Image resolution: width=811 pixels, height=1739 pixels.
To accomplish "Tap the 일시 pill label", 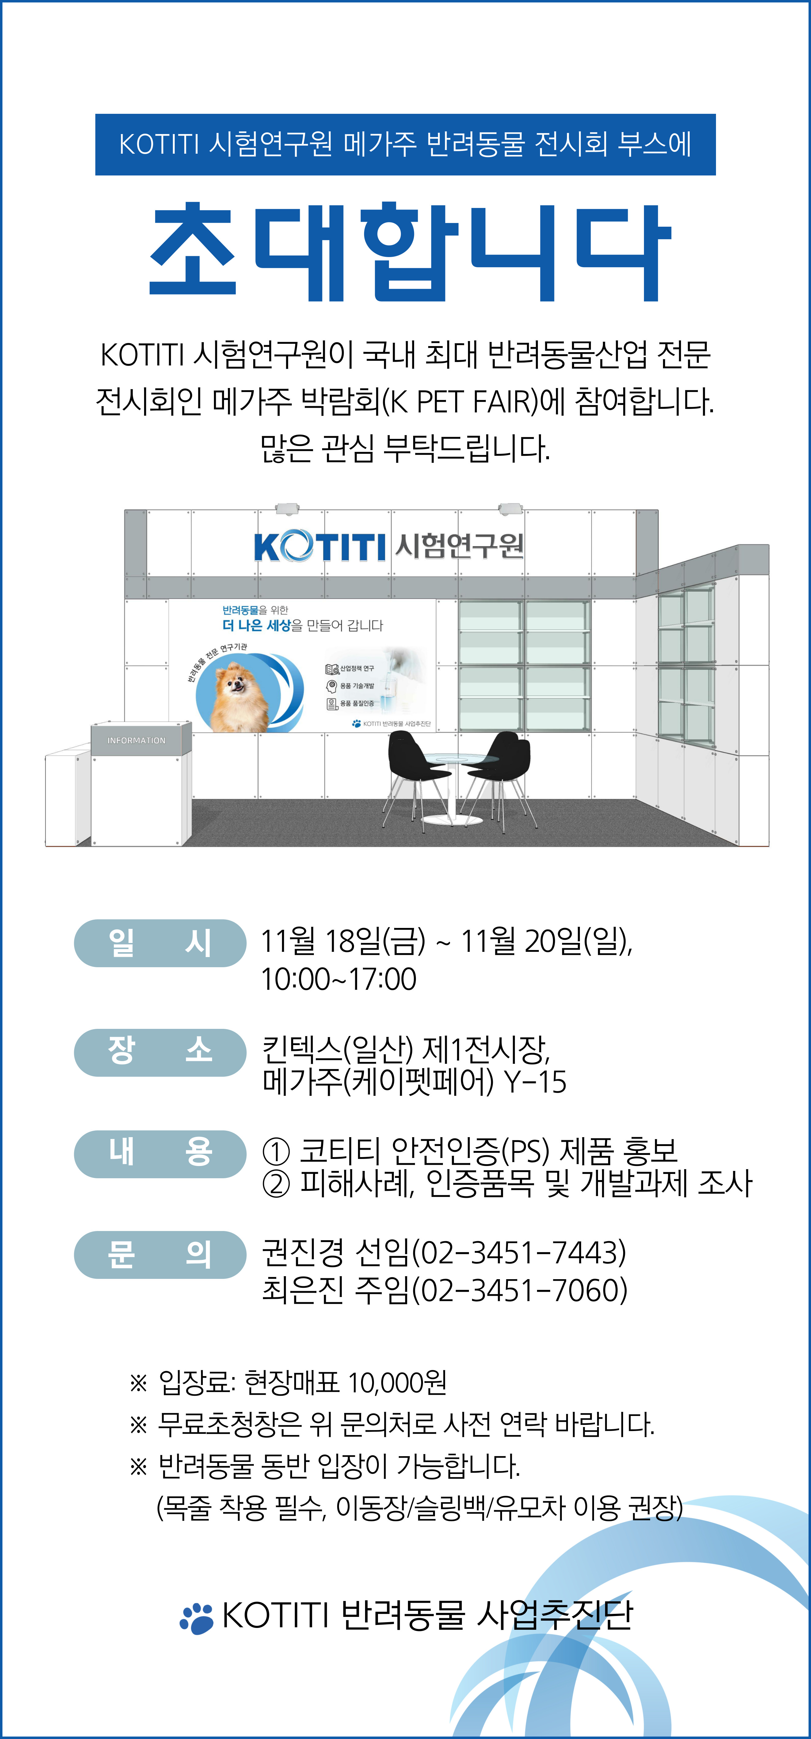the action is (x=160, y=943).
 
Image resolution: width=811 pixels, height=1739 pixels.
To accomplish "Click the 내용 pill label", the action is (x=160, y=1154).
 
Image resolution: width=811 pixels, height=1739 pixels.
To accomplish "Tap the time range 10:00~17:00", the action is (x=339, y=979).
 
